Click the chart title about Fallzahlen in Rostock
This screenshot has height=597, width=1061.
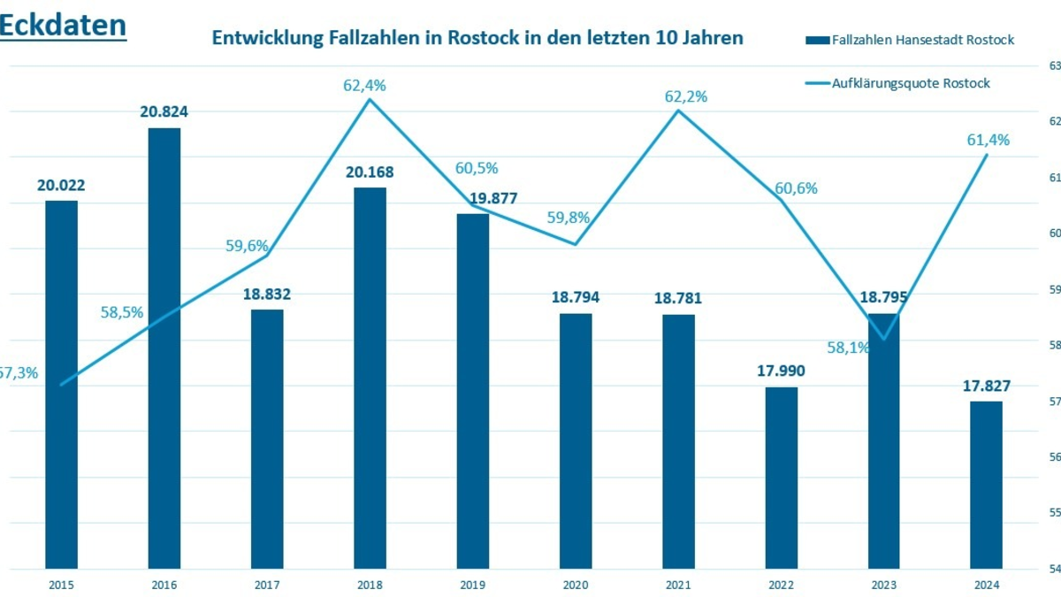(477, 39)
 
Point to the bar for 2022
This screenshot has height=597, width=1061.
(781, 477)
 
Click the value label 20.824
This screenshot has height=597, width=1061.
(164, 112)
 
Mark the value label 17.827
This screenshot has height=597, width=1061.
(986, 386)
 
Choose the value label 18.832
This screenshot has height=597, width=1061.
(267, 294)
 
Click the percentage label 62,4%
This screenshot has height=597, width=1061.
(364, 86)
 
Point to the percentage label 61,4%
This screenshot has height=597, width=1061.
(988, 140)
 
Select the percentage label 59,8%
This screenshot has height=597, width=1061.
(569, 218)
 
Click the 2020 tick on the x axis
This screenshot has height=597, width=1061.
(576, 585)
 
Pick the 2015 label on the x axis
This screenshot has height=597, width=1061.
(61, 585)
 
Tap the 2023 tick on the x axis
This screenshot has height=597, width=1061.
(883, 585)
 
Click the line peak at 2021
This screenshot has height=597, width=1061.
(678, 110)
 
